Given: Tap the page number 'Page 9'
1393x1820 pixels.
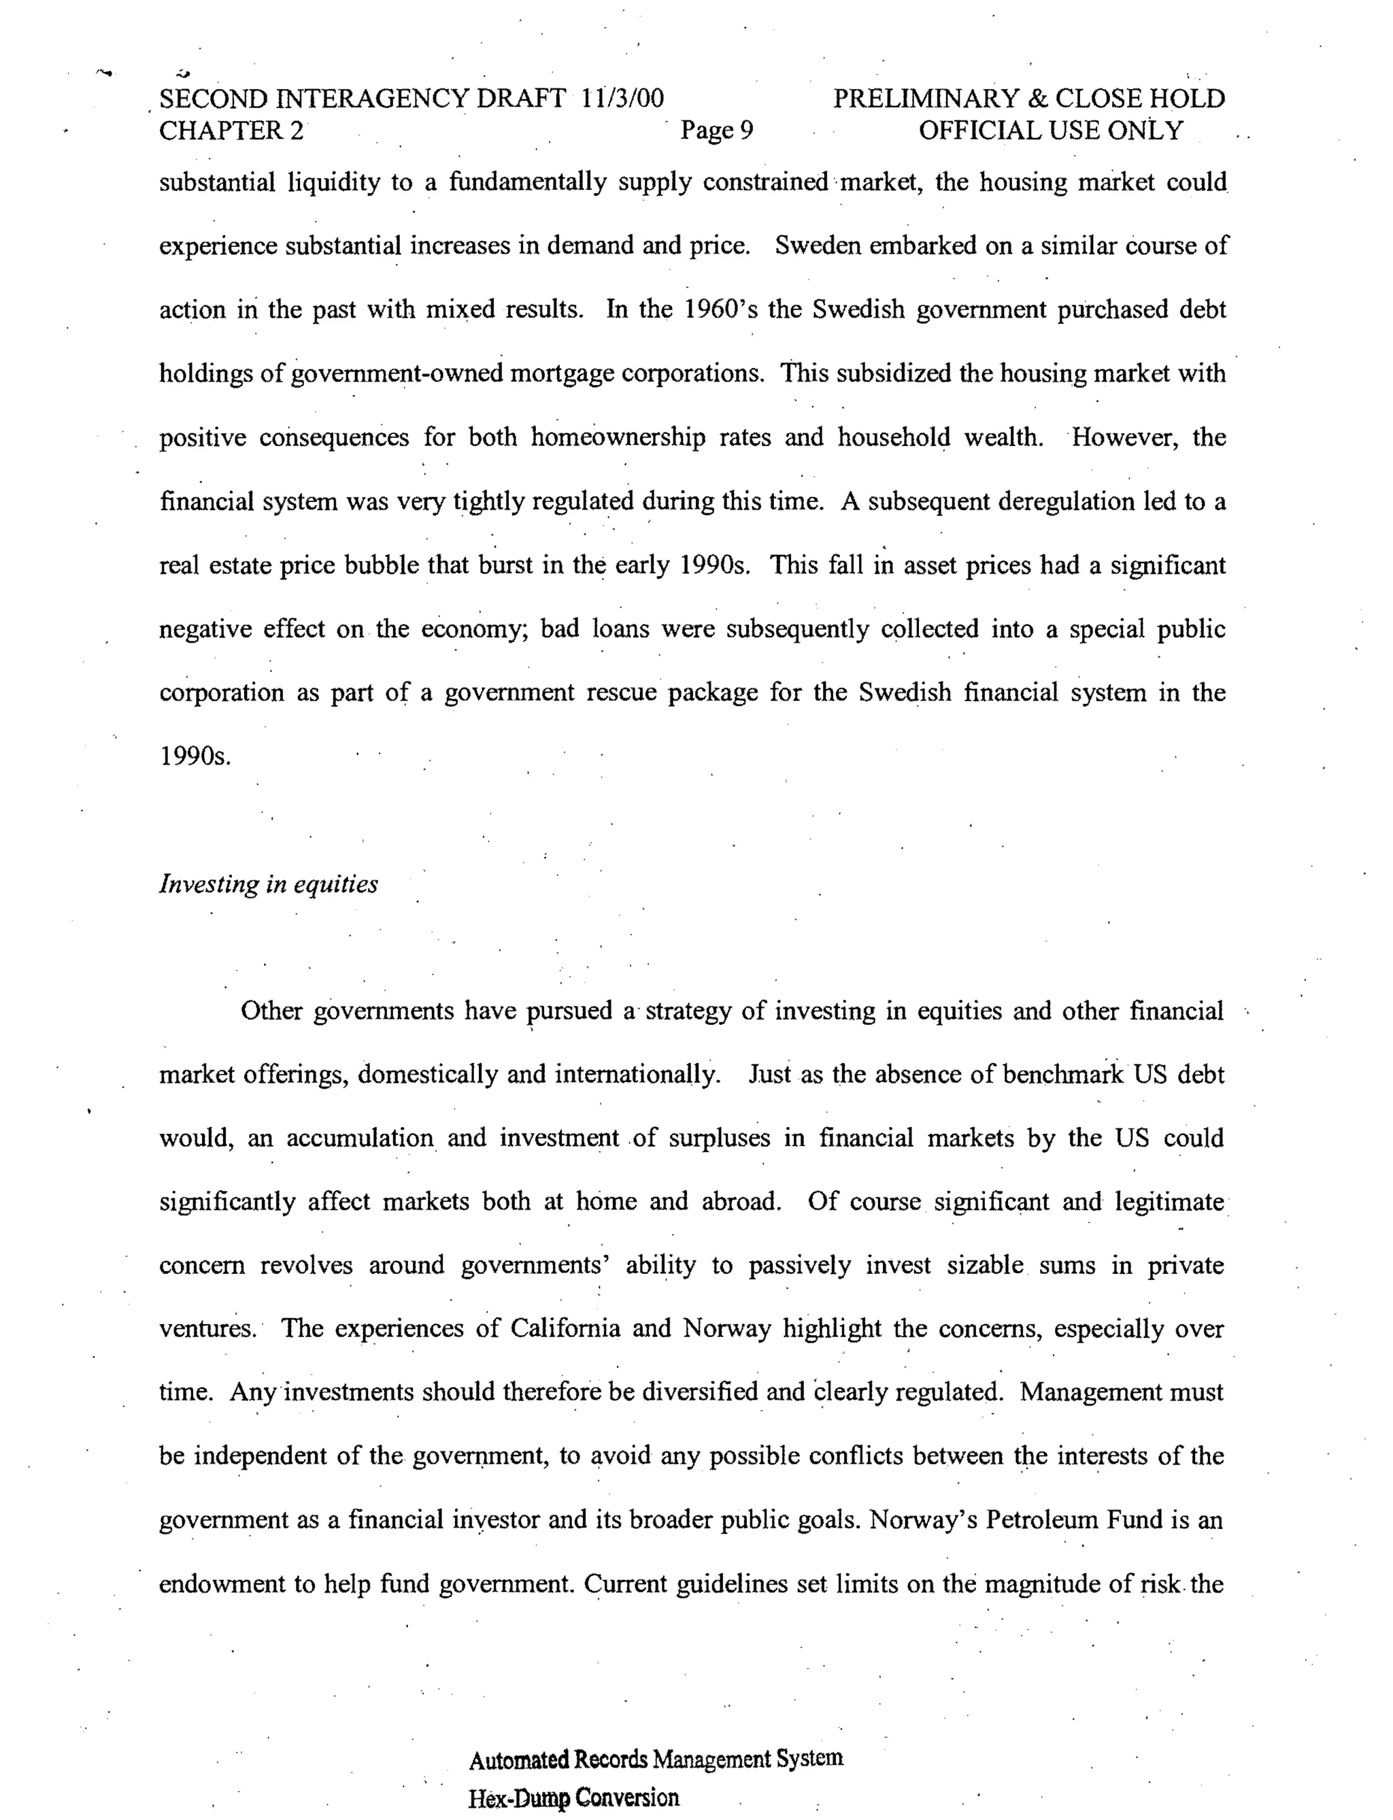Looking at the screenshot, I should (x=716, y=130).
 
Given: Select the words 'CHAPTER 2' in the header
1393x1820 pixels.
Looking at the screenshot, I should (x=231, y=130).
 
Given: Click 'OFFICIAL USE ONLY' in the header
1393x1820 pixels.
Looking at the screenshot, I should (x=1051, y=130).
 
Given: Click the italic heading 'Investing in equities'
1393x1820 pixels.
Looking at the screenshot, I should (x=268, y=884).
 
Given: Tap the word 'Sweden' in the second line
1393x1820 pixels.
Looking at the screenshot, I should (x=818, y=246).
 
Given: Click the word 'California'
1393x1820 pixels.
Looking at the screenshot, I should (x=565, y=1328).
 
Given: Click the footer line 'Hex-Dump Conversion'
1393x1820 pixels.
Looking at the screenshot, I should (x=573, y=1798).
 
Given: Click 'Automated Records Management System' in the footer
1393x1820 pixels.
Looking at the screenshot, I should (x=656, y=1759).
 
